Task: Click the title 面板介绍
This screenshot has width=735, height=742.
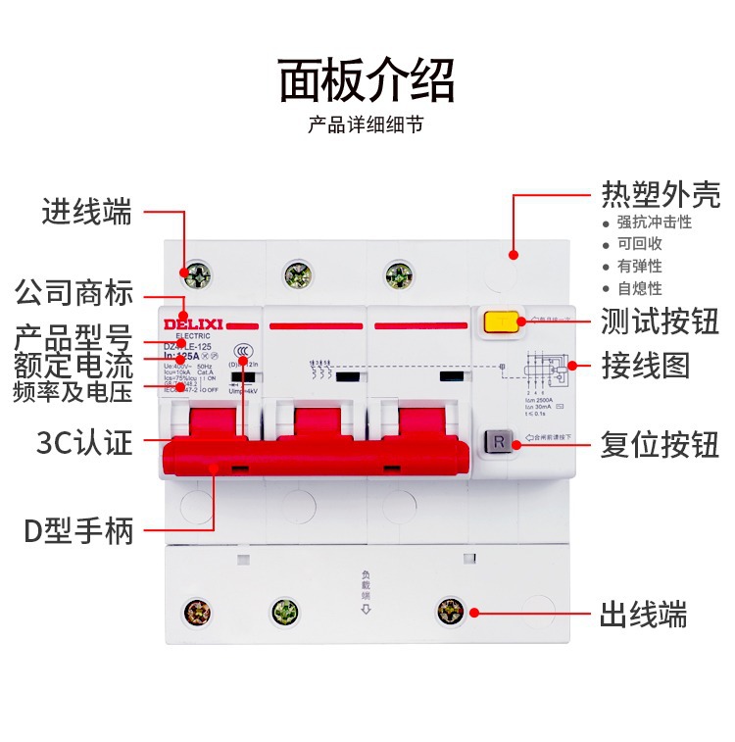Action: click(x=367, y=80)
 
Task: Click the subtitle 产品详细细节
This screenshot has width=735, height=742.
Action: click(x=367, y=126)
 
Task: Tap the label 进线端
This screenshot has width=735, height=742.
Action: click(x=86, y=212)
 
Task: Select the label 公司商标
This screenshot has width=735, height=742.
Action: click(x=73, y=292)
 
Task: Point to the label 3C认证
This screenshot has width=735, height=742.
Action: click(x=83, y=443)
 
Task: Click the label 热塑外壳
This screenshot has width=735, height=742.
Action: click(x=661, y=194)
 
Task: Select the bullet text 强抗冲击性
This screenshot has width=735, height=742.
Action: click(x=654, y=223)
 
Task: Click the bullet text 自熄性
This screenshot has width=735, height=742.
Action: click(x=639, y=288)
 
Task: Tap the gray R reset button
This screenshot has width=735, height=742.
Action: click(x=498, y=442)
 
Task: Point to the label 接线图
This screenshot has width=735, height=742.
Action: click(x=646, y=366)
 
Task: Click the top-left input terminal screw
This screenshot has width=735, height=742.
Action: click(x=197, y=274)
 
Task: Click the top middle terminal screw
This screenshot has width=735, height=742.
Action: click(x=295, y=274)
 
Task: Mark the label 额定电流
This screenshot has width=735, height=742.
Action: click(x=73, y=367)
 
